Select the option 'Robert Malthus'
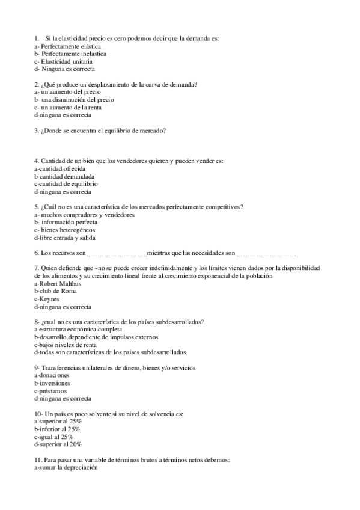[x=58, y=283]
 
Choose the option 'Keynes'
[x=47, y=299]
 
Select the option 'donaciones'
[x=52, y=375]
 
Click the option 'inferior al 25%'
[x=58, y=429]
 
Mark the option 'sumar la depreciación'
[x=66, y=467]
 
